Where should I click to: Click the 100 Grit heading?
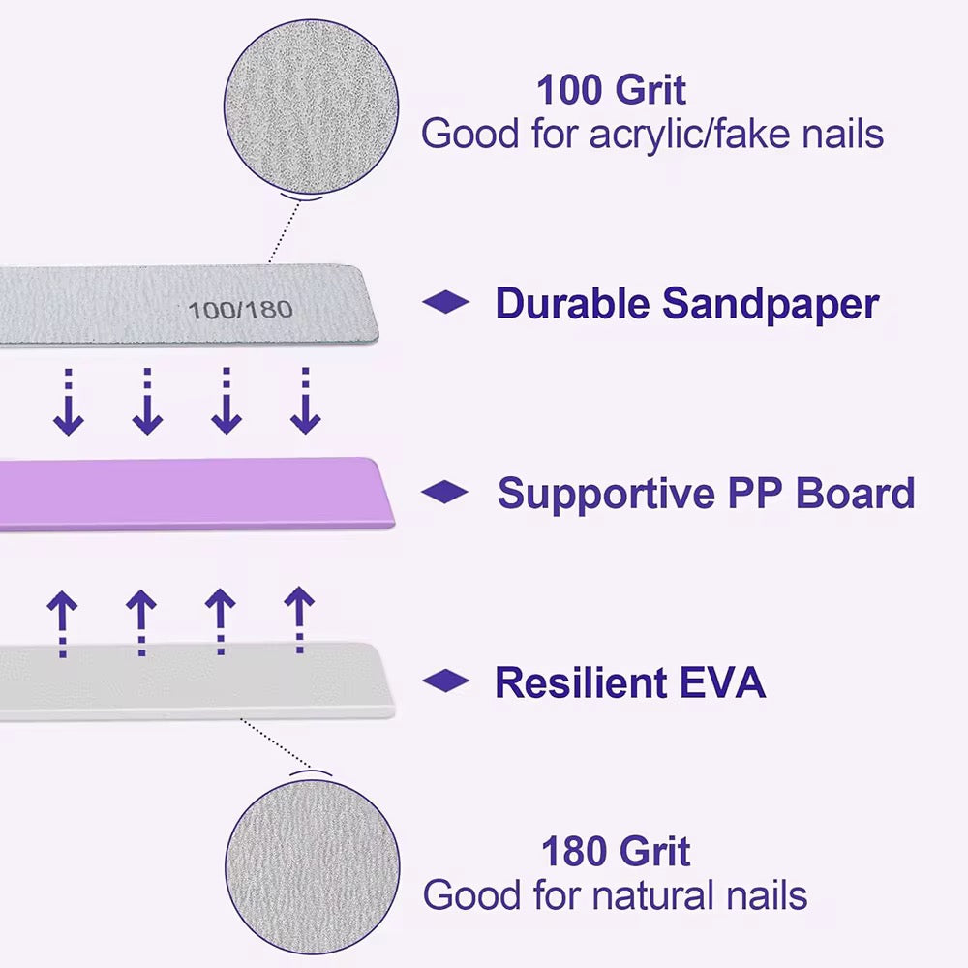point(611,90)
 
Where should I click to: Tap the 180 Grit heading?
point(616,852)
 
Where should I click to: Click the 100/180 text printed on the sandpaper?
point(240,310)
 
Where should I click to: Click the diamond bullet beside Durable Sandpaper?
point(446,303)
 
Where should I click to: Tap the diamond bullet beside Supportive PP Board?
point(445,493)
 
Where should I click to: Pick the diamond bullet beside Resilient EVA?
point(446,681)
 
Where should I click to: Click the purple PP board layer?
point(194,494)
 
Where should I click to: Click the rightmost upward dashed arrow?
point(299,620)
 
